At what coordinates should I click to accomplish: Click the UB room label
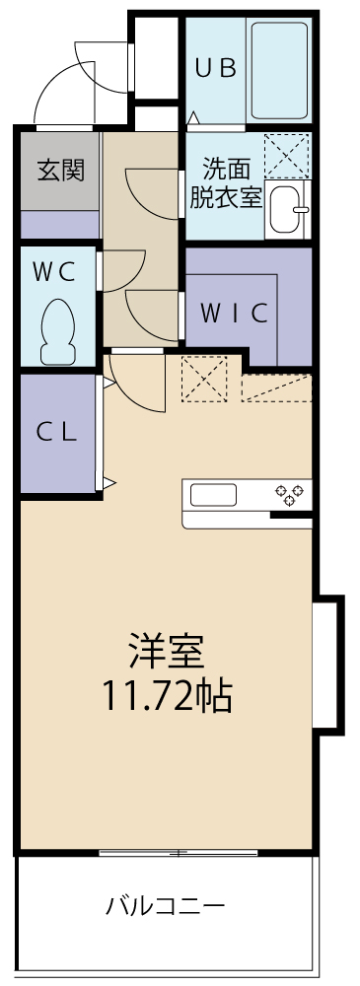214,68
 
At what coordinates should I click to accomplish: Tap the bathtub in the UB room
280,69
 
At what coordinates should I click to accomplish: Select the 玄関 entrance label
60,170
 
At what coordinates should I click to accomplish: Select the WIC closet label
235,314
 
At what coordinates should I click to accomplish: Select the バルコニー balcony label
166,904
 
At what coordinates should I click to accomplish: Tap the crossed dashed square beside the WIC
203,380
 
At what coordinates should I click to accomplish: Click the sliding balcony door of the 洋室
178,852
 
